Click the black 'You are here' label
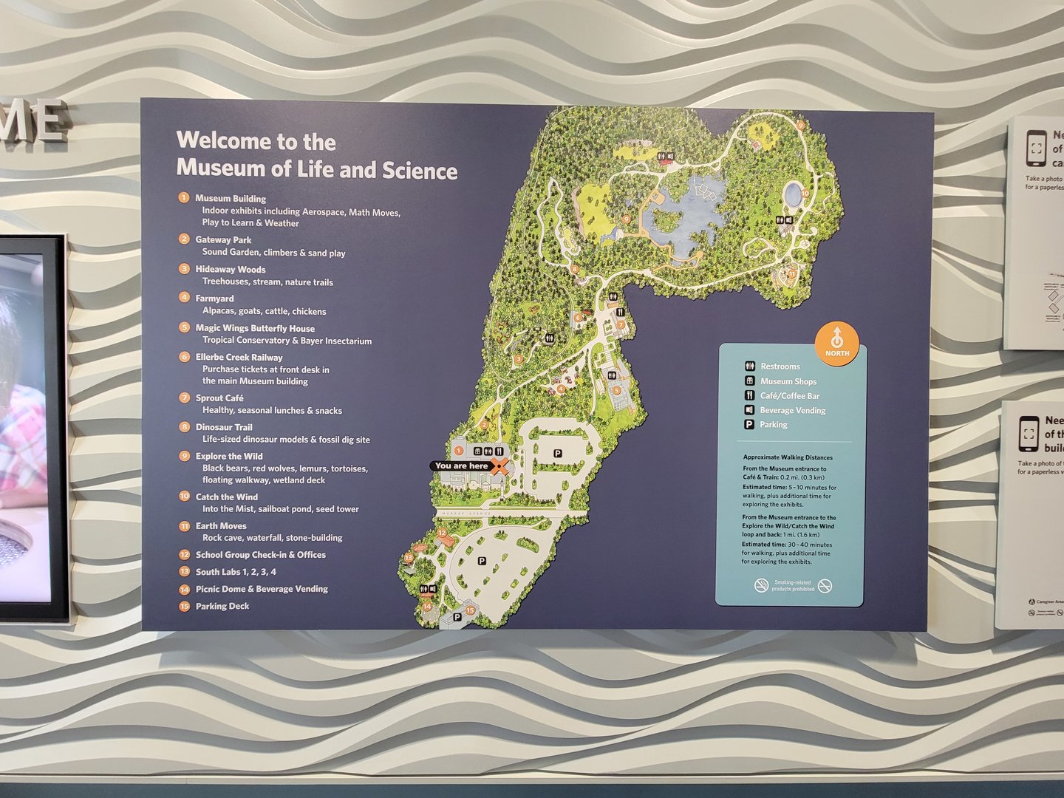click(461, 466)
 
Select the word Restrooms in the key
click(780, 366)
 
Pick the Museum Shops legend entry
click(788, 381)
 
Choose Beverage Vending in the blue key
click(792, 410)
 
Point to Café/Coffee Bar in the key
click(789, 396)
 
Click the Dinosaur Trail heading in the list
click(224, 427)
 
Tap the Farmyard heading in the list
click(214, 299)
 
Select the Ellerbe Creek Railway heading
click(239, 358)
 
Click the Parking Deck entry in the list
click(222, 607)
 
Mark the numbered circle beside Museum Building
click(184, 198)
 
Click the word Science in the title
click(420, 171)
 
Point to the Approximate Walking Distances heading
click(788, 457)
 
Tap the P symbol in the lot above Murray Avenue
click(558, 454)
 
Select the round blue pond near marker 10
click(793, 195)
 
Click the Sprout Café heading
click(219, 398)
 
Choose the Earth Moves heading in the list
click(221, 526)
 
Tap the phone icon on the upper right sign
click(1036, 148)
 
